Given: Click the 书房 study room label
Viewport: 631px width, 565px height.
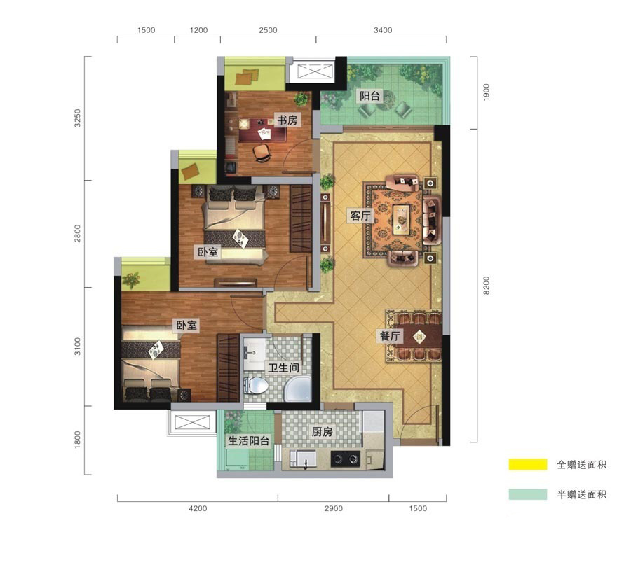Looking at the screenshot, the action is (287, 120).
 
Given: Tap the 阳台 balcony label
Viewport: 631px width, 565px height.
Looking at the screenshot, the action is (369, 96).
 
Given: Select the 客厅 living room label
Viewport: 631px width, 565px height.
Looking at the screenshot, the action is (360, 216).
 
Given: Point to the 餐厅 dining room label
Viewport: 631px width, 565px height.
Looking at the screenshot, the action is (390, 335).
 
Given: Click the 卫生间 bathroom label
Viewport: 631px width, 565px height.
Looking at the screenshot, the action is (283, 368).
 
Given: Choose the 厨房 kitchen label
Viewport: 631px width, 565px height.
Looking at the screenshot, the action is (322, 432).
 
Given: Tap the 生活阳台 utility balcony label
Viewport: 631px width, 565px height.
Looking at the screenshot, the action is (248, 441).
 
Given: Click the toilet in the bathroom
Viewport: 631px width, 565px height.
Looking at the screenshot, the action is (256, 386).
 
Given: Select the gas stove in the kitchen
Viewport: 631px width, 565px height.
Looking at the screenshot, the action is (345, 459).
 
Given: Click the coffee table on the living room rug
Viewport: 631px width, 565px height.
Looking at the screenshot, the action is (401, 219).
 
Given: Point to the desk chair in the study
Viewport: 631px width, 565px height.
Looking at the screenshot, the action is (262, 153).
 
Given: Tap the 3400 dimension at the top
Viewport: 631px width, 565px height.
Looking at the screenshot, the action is (383, 30).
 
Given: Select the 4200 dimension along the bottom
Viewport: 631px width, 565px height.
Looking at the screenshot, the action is (198, 508).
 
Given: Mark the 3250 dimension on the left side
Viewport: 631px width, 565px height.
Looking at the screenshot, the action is (77, 118).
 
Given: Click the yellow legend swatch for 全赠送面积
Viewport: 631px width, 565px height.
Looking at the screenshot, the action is (527, 465).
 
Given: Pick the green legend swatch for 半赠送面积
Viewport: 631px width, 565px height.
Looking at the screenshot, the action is (527, 494).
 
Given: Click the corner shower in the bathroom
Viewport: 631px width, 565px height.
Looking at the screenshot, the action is (299, 389).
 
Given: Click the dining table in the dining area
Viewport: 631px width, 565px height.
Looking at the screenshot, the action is (420, 336).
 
